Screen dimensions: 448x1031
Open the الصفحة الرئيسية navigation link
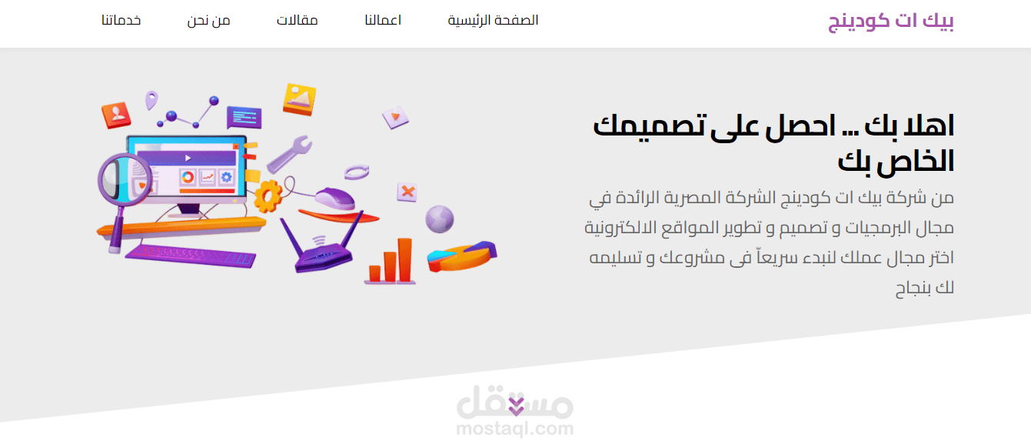pos(493,20)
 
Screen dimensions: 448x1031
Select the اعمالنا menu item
pos(383,20)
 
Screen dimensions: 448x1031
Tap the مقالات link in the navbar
pos(298,20)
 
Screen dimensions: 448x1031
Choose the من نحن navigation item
pos(208,20)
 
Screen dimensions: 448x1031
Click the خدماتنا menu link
pos(121,20)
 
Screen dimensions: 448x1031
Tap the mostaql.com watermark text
pos(514,429)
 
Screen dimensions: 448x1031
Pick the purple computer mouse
pos(336,198)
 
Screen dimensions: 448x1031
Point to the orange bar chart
pos(391,262)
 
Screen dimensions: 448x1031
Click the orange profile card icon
pos(116,114)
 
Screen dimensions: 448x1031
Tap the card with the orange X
pos(407,191)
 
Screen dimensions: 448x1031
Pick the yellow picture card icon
pos(299,98)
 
